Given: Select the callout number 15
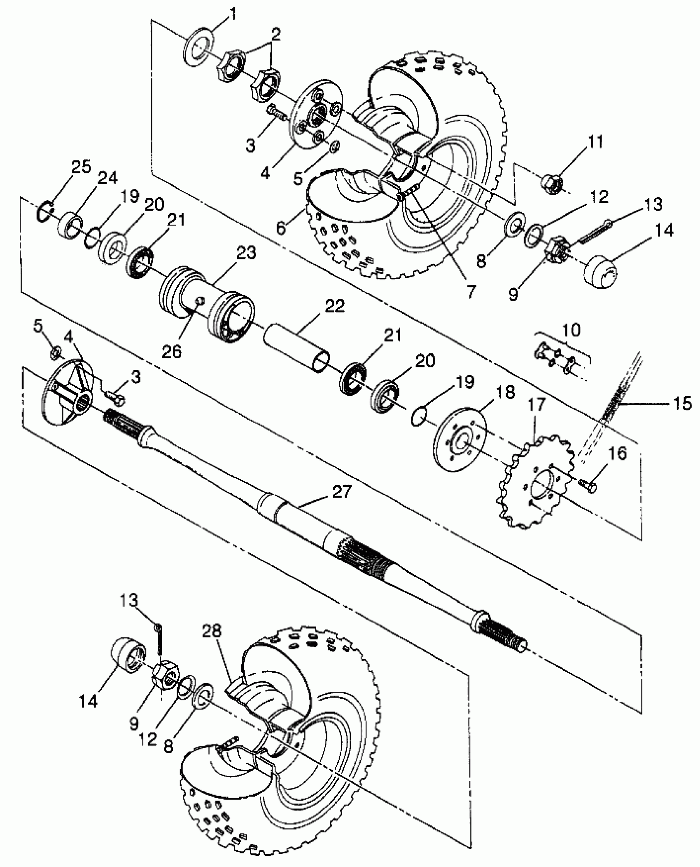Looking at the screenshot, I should (682, 403).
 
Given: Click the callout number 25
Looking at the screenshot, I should (81, 168).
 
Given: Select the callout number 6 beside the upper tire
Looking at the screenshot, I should (281, 228).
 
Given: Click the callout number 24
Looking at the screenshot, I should (107, 178).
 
